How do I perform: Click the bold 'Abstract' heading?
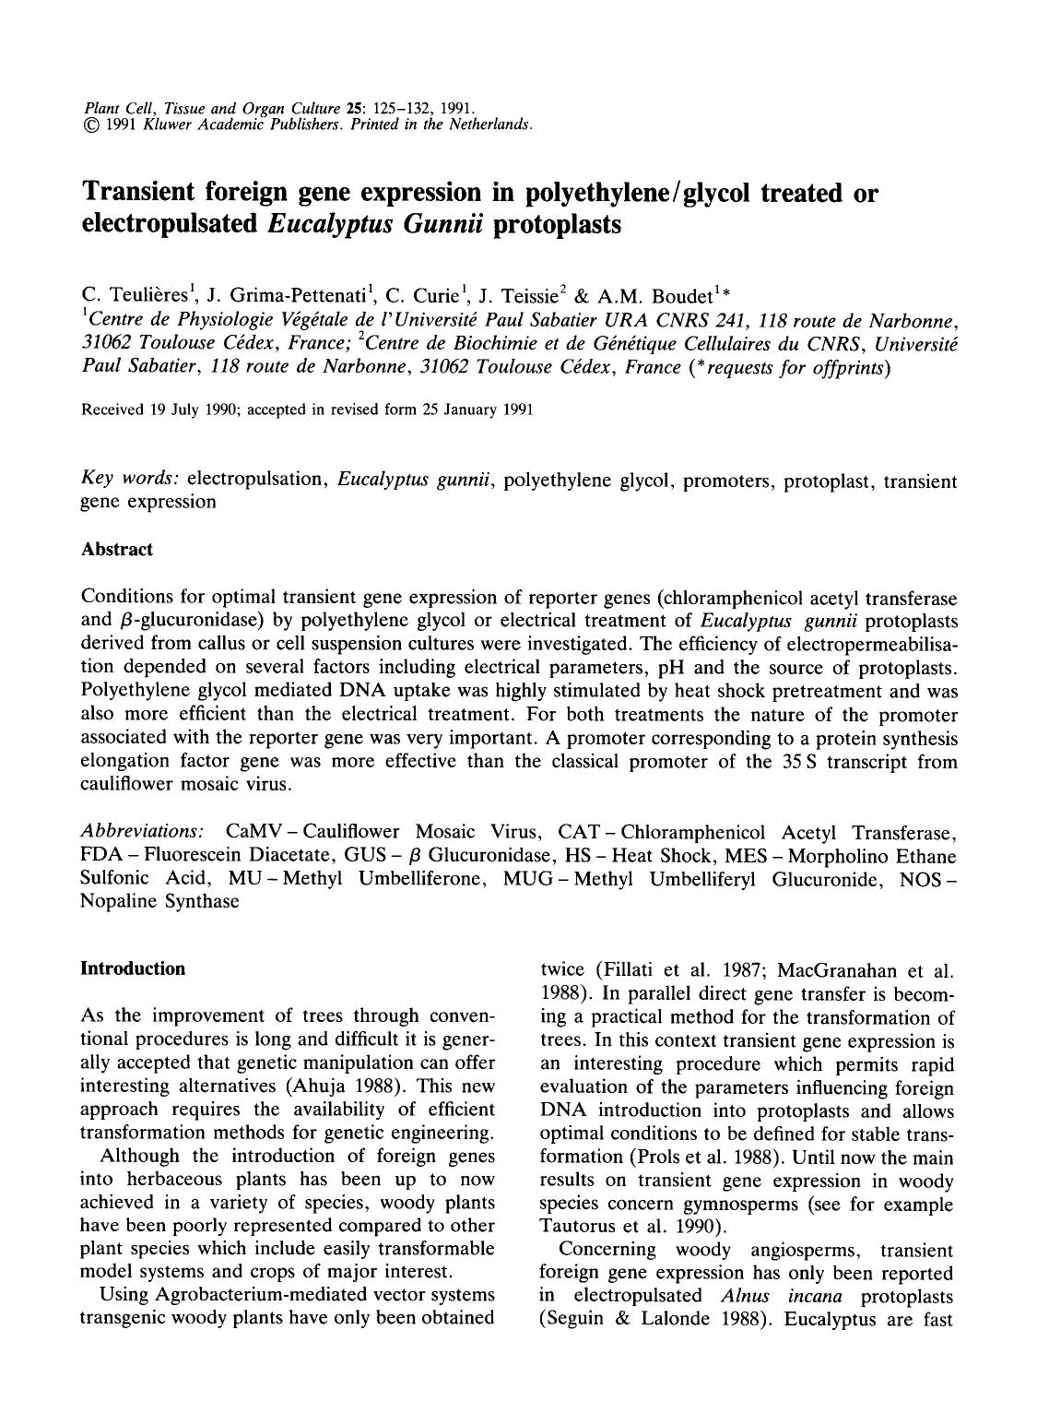click(117, 550)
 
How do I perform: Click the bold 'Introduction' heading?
click(133, 968)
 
